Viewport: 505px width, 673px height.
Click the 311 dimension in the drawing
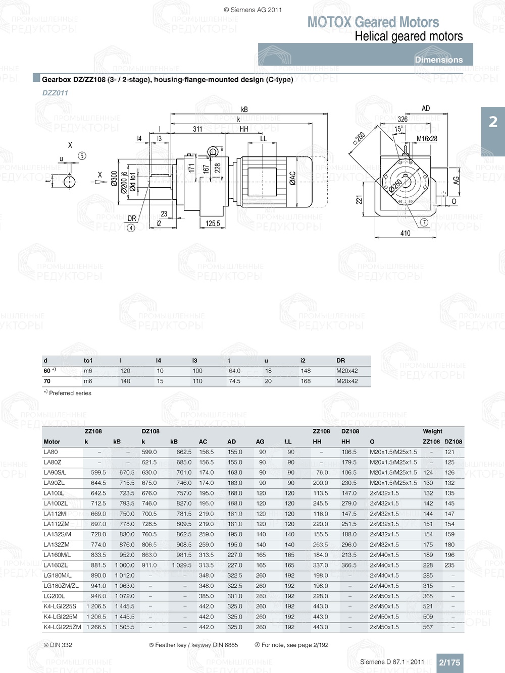197,129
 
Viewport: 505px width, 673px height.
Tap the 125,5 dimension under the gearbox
213,223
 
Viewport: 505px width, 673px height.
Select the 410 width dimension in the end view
405,233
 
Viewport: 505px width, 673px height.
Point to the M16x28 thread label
427,139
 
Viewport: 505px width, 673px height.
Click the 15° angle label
398,129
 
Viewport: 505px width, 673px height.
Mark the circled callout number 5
82,156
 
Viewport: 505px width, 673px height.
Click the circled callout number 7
424,222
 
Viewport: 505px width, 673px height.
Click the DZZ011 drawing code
55,93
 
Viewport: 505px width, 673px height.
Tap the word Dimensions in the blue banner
438,60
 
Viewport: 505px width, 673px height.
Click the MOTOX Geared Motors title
373,22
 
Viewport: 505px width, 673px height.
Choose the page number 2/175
449,662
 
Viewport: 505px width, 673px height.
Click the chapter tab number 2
493,122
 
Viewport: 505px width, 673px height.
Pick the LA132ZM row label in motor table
57,545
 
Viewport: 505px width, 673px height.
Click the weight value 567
428,627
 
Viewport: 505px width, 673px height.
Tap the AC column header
203,441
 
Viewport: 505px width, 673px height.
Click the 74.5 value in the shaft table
234,381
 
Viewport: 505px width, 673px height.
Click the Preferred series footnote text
70,393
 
